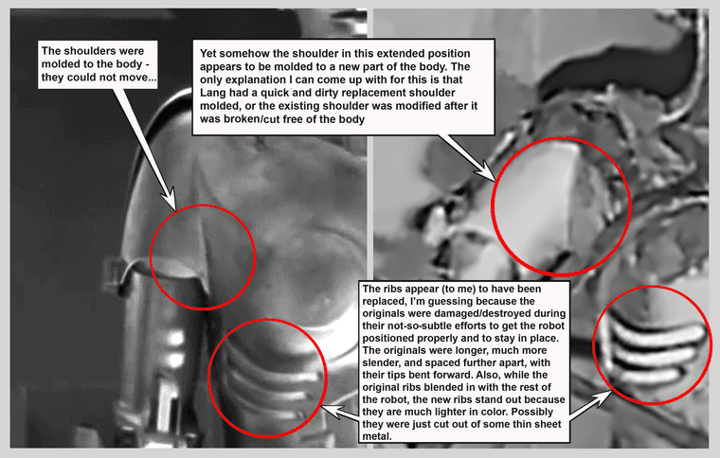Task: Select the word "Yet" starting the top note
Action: tap(208, 53)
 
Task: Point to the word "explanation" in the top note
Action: tap(255, 79)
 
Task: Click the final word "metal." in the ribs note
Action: tap(377, 436)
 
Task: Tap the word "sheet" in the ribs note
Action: tap(548, 424)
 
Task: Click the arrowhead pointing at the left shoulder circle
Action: tap(168, 200)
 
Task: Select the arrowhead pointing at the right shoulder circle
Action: tap(484, 172)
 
